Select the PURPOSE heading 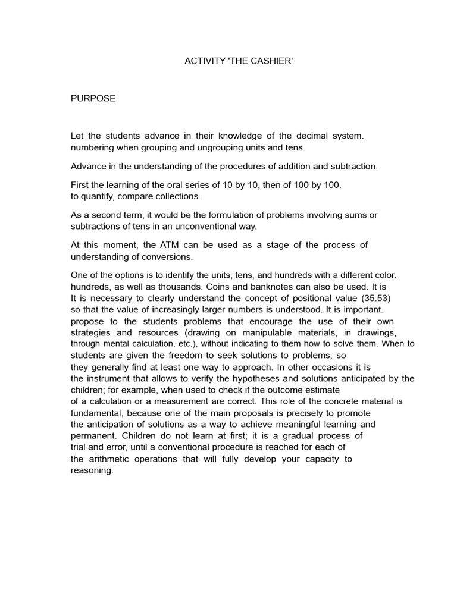pos(93,99)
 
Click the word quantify pos(98,196)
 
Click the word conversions pos(171,256)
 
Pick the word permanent pos(92,435)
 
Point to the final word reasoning pos(92,470)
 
